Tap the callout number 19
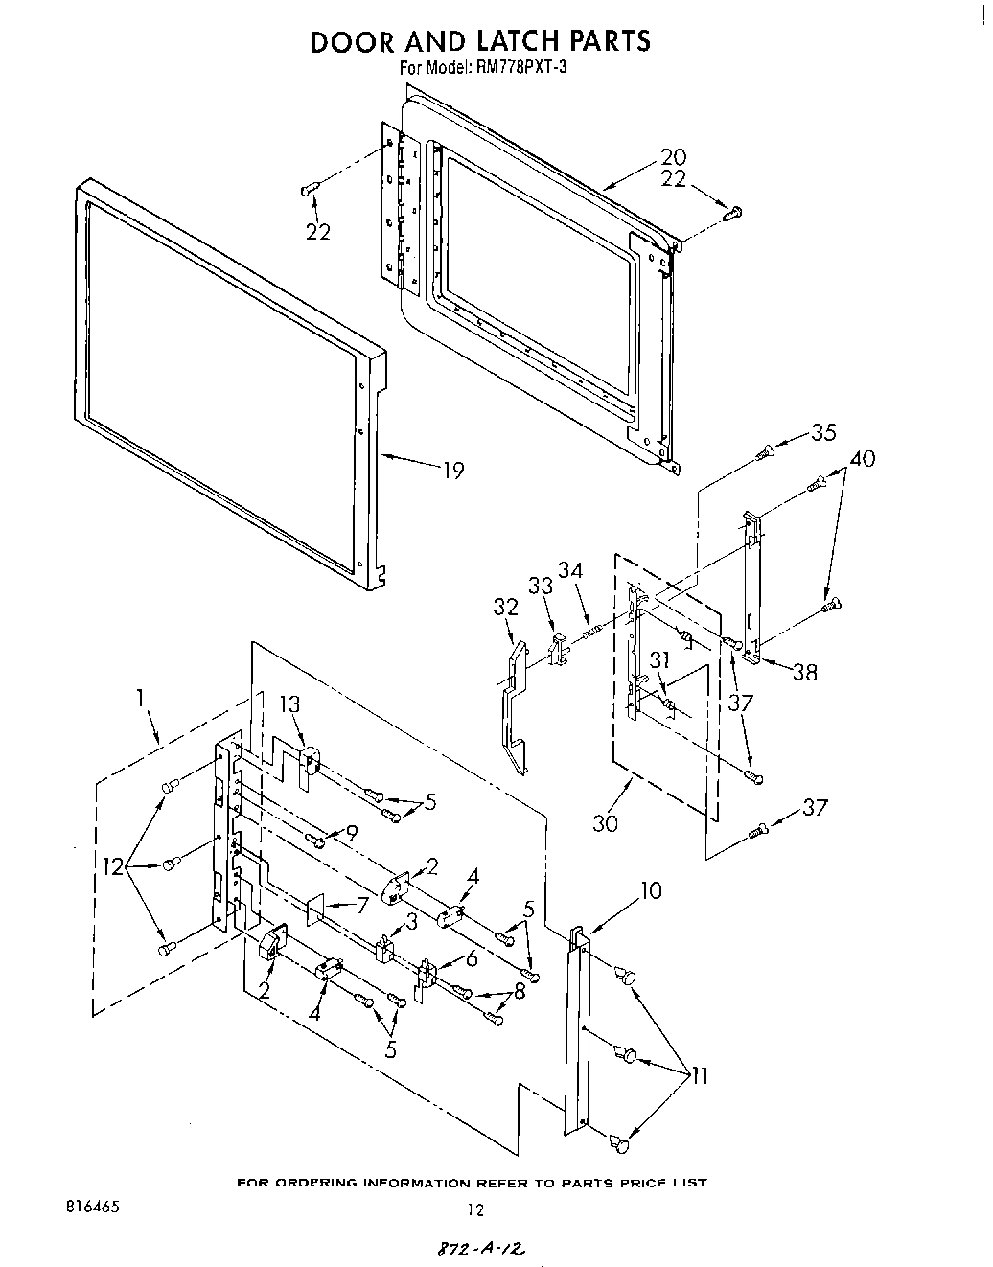(x=452, y=470)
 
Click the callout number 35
(x=823, y=432)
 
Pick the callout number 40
(x=862, y=459)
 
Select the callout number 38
(x=805, y=672)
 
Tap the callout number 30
(x=605, y=822)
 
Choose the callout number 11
(x=699, y=1076)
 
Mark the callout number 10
(x=650, y=890)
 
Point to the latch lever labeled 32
(x=513, y=709)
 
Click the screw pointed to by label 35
(x=764, y=452)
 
